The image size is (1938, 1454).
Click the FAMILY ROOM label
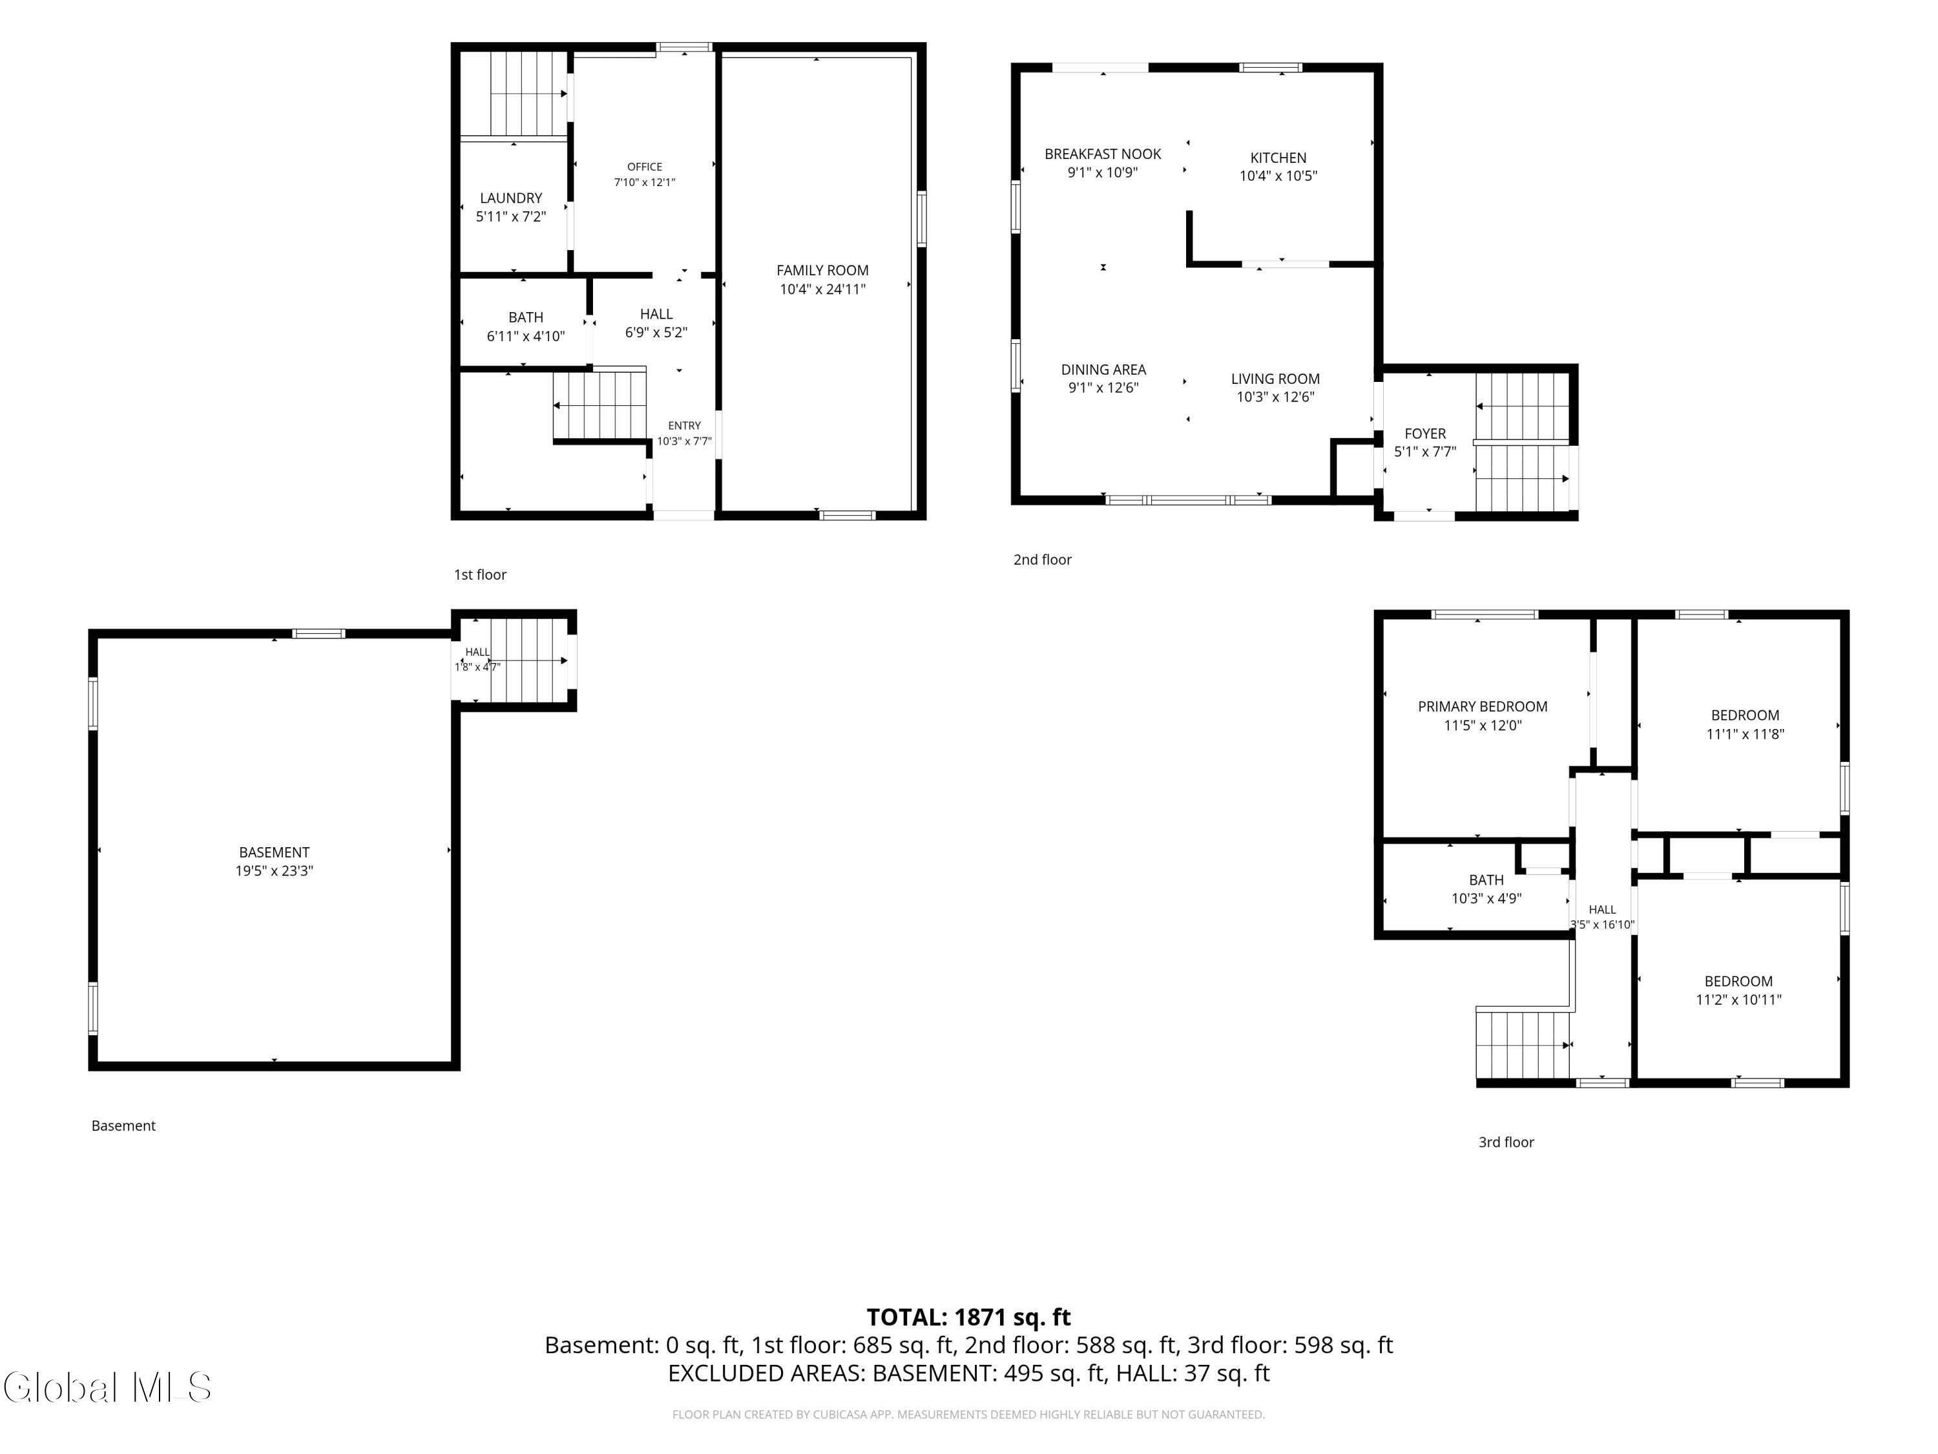coord(822,271)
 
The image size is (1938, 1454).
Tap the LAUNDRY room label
coord(511,198)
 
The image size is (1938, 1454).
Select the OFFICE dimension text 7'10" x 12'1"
coord(645,182)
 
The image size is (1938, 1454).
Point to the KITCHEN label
coord(1278,158)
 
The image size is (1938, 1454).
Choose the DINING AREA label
coord(1104,370)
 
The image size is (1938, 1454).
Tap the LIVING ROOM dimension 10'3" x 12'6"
coord(1276,397)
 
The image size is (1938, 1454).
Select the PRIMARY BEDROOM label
coord(1483,706)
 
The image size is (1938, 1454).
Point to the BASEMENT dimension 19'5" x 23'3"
coord(275,871)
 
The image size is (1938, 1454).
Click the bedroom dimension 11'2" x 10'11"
coord(1739,1000)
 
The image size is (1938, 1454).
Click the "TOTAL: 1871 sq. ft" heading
coord(969,1317)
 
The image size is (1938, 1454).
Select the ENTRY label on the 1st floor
coord(684,426)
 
